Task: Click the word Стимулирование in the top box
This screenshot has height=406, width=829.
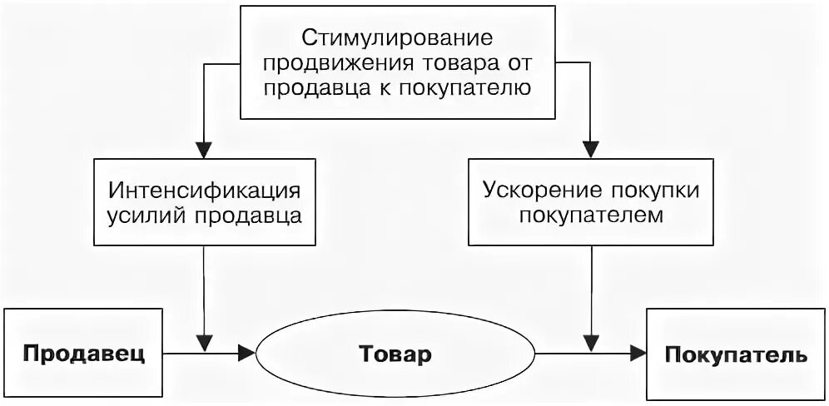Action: tap(397, 38)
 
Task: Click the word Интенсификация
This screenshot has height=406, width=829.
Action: tap(205, 189)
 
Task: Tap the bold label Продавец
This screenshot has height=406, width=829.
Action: tap(83, 354)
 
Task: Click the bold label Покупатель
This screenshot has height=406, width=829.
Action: tap(736, 354)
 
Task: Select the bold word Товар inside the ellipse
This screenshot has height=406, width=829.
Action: tap(395, 354)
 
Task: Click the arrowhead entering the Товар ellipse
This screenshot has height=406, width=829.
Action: tap(246, 354)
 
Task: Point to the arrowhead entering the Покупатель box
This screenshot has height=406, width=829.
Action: tap(638, 354)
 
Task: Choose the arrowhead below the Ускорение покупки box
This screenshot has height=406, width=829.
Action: tap(591, 341)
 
